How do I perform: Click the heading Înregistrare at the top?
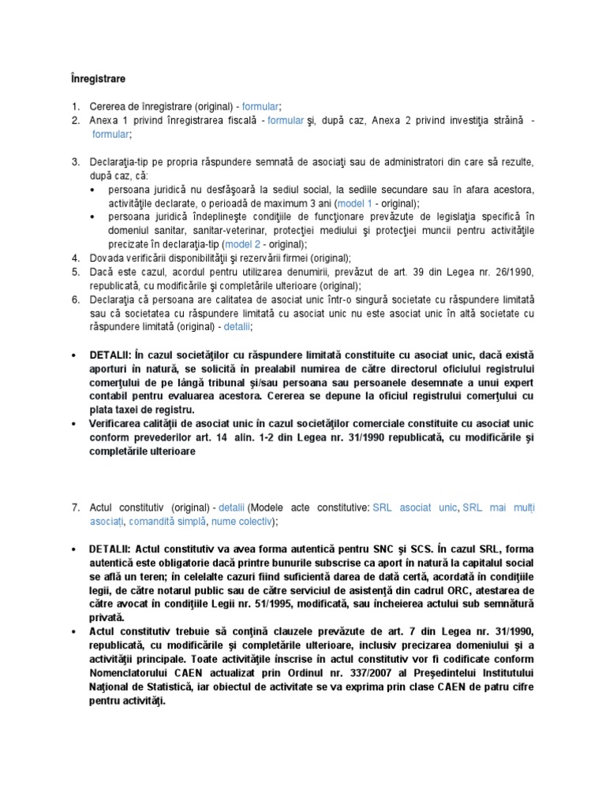pos(92,79)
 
